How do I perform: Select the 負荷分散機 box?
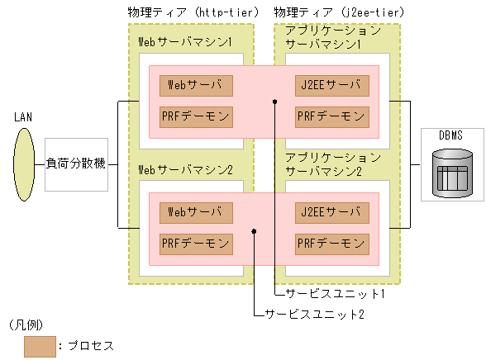(76, 164)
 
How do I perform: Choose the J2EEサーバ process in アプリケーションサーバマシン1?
(331, 85)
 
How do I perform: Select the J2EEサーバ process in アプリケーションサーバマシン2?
(331, 212)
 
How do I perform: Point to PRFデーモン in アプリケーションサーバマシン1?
(331, 116)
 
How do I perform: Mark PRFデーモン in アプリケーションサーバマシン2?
(331, 244)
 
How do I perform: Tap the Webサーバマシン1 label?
(185, 41)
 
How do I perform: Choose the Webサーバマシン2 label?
(185, 169)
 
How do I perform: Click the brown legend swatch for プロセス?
(40, 345)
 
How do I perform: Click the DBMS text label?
(450, 134)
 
